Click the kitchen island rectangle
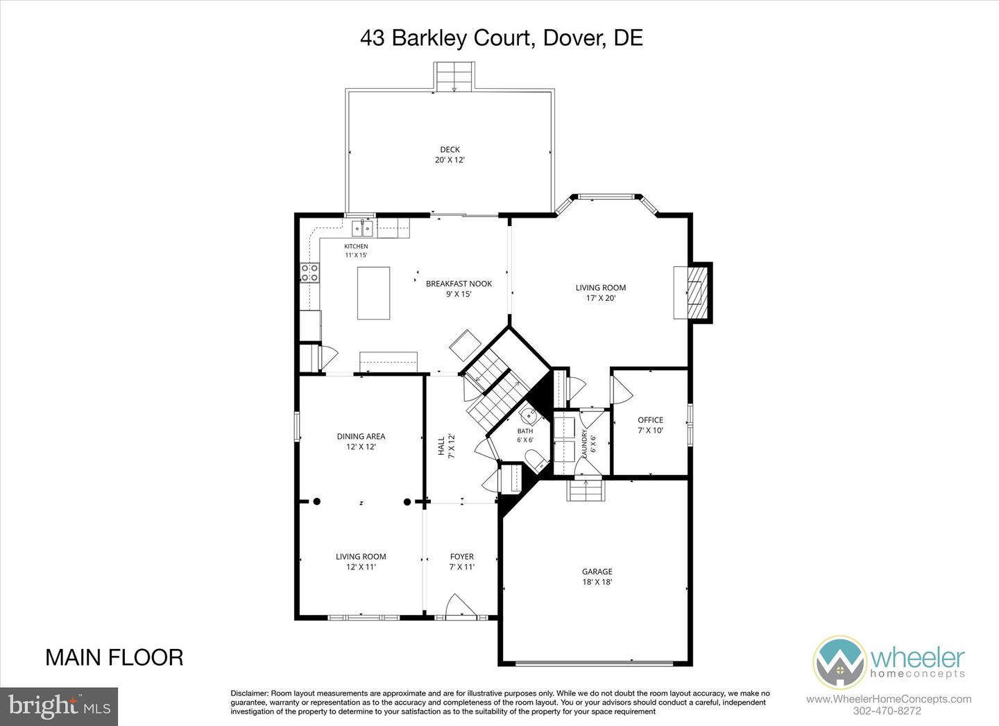pos(373,293)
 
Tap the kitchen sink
pos(362,228)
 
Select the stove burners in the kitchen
pos(309,273)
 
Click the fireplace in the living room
pos(692,293)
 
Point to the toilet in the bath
pos(536,460)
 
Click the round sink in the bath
pos(530,415)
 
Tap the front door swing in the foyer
pos(461,605)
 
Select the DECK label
pos(450,149)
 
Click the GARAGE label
pos(597,571)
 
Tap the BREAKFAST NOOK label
pos(459,284)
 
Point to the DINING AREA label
pos(361,436)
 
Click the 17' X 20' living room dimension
pos(601,298)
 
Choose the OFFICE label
pos(650,420)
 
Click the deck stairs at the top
pos(454,77)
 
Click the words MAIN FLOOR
pos(114,657)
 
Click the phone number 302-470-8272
pos(889,711)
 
